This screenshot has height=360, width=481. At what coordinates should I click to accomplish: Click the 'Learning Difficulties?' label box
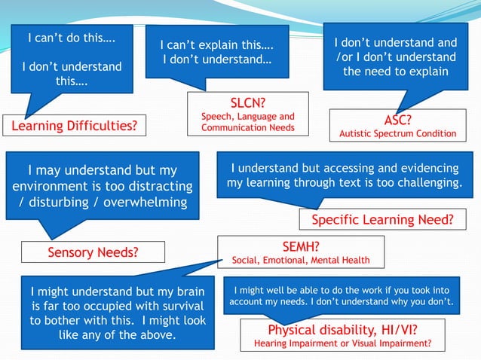coord(74,125)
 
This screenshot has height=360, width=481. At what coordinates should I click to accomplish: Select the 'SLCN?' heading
coord(247,103)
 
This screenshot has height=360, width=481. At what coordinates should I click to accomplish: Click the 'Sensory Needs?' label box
coord(93,252)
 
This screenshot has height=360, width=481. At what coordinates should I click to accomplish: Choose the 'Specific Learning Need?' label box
coord(382,220)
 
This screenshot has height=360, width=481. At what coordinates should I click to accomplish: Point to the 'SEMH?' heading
coord(300,246)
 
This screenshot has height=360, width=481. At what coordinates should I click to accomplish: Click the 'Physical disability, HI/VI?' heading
coord(342,330)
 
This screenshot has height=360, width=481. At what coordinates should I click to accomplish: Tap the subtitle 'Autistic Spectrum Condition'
coord(397,134)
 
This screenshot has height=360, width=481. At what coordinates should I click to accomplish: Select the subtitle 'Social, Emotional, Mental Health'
coord(301,261)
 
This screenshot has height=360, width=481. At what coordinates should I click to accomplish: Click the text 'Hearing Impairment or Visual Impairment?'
coord(342,343)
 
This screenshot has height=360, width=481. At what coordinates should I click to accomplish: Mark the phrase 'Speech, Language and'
coord(247,117)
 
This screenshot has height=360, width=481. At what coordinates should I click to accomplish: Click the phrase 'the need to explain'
coord(396,72)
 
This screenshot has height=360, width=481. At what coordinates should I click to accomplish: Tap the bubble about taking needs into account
coord(343,295)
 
